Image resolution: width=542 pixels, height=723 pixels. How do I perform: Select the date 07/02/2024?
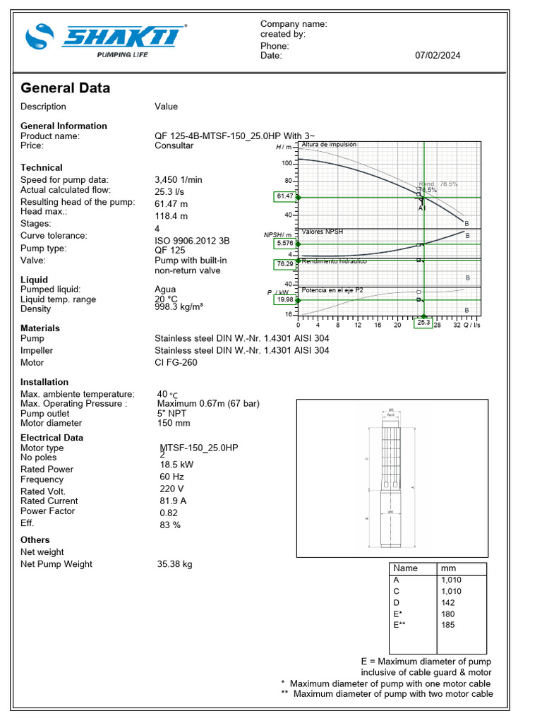438,56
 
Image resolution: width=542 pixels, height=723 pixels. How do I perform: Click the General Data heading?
66,88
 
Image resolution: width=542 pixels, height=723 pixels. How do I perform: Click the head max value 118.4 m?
171,216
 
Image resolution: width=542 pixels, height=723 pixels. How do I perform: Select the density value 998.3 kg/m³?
180,309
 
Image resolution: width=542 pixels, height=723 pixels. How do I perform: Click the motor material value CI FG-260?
176,362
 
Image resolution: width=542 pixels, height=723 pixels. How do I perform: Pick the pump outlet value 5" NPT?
173,414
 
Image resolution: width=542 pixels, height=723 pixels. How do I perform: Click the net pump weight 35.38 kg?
174,564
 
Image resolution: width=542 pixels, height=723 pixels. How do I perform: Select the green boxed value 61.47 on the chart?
285,196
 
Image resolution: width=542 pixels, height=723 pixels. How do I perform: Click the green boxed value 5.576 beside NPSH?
285,244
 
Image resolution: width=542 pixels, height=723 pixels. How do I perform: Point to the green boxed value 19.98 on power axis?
285,299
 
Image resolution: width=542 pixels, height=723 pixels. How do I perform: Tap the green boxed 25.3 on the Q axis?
423,323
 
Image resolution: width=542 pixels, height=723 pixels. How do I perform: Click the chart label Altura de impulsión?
329,145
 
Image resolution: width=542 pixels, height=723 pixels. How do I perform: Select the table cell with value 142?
448,602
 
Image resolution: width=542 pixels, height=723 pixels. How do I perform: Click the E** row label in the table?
400,625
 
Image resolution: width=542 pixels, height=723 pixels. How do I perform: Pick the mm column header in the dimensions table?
448,568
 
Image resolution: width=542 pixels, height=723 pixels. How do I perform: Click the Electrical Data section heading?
52,438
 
